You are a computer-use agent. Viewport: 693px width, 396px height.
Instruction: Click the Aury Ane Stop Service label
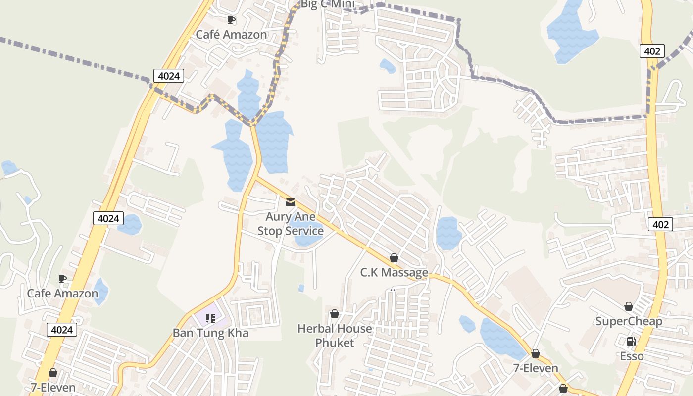point(291,224)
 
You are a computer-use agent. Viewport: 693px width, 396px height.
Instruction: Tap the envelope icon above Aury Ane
point(291,202)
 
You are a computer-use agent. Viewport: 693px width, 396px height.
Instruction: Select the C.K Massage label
point(394,272)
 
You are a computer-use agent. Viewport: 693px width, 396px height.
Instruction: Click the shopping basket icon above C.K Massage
point(394,258)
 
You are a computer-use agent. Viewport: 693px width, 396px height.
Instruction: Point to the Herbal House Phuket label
point(335,336)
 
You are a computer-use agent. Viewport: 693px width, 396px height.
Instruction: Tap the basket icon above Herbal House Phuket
point(335,314)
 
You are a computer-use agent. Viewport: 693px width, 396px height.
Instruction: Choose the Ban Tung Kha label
point(210,333)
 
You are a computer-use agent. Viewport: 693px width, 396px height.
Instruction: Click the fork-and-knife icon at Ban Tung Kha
point(210,318)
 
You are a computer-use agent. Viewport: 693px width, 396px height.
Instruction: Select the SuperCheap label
point(629,321)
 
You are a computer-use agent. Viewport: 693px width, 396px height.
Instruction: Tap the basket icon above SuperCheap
point(629,306)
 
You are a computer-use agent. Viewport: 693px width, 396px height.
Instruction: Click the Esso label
point(632,356)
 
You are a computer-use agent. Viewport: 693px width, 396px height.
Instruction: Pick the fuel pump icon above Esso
point(631,342)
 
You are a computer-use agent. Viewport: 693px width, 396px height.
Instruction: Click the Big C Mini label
point(328,4)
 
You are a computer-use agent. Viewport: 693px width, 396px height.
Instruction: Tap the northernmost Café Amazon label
point(231,35)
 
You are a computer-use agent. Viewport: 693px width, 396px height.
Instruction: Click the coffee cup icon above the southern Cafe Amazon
point(62,279)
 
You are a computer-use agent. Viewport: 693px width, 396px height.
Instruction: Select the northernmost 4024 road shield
point(169,76)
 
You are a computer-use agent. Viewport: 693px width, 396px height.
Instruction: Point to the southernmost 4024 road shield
point(62,330)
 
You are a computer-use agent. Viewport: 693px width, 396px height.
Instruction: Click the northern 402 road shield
point(652,50)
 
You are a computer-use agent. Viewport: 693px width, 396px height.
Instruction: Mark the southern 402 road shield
point(661,224)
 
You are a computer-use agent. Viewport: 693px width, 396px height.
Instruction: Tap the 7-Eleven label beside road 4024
point(53,388)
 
